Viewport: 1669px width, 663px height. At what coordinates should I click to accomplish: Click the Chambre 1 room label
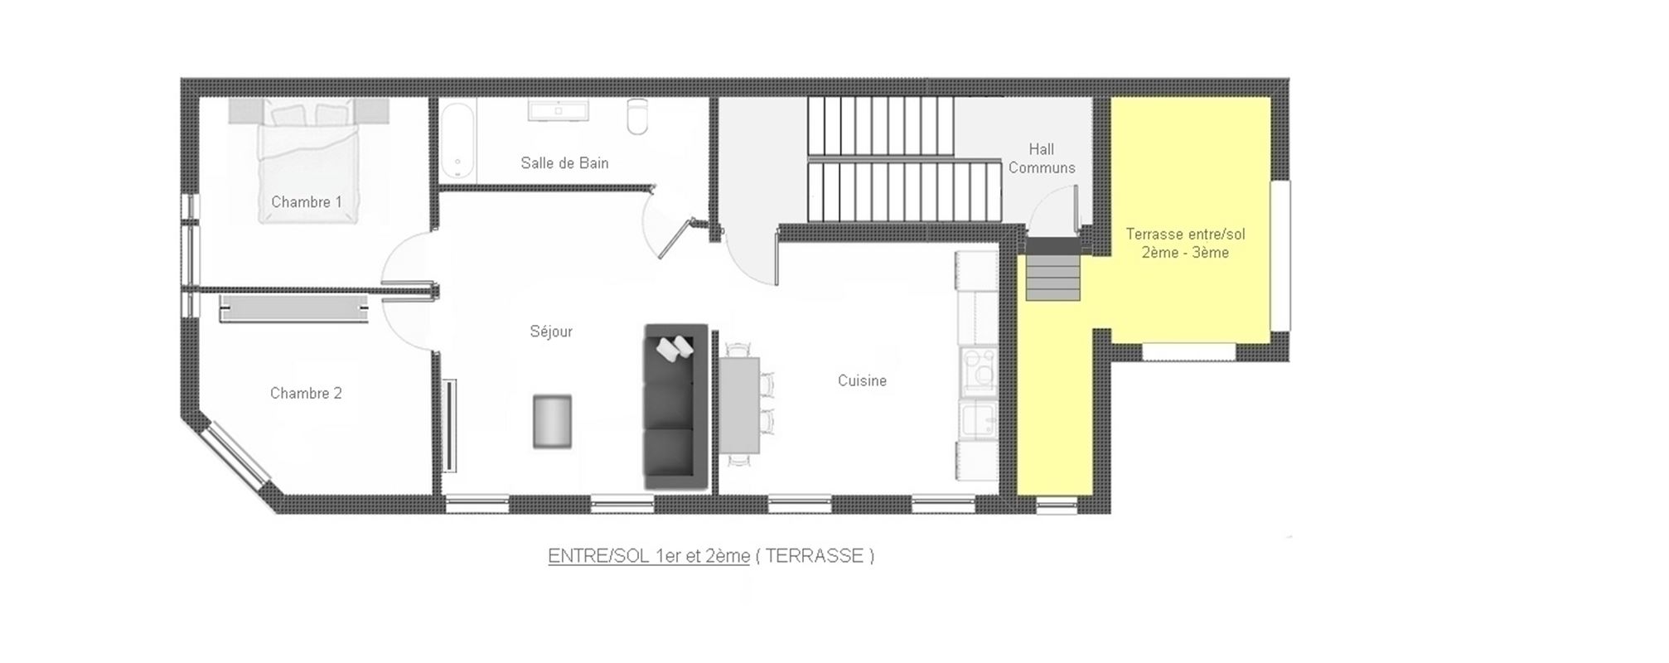307,201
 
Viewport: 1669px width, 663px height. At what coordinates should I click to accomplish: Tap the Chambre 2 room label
306,393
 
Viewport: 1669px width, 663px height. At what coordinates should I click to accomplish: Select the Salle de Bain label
564,162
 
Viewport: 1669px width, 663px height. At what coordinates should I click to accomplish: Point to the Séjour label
551,331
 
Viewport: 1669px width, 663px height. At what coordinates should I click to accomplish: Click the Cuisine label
862,380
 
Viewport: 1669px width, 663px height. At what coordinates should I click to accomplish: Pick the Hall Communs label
1042,158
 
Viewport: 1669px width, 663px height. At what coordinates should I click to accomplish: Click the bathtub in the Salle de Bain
457,140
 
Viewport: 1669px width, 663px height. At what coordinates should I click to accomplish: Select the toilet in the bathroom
637,117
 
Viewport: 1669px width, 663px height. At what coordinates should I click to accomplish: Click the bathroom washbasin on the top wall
558,111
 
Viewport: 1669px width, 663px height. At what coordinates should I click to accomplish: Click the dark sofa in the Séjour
676,406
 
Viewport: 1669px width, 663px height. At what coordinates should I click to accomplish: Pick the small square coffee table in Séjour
552,422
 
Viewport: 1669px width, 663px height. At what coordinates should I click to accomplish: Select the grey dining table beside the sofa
739,405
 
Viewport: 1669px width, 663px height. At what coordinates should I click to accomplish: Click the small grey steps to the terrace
1053,278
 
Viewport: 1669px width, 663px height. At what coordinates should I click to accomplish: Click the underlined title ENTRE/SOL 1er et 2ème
649,555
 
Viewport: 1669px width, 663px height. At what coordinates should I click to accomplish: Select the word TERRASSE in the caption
815,555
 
